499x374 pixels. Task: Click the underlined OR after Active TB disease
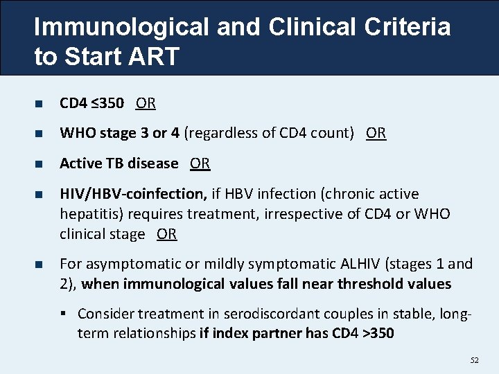click(x=200, y=163)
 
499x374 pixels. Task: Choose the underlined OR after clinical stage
click(x=166, y=234)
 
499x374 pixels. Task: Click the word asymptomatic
click(x=127, y=264)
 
